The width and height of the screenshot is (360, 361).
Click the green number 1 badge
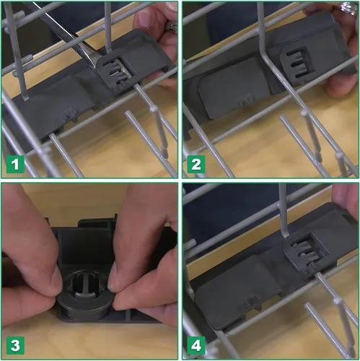(15, 165)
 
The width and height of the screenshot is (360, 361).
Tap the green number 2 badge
(196, 165)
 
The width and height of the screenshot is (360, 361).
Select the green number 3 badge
(15, 345)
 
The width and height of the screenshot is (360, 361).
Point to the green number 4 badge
(196, 345)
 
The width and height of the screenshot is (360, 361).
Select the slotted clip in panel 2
(297, 61)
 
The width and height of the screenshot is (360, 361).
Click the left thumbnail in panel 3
(56, 278)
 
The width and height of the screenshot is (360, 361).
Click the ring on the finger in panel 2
(349, 9)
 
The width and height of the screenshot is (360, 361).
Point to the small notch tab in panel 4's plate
(253, 301)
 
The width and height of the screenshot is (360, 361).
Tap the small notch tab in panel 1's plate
(71, 114)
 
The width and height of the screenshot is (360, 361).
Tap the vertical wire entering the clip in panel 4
(284, 211)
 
